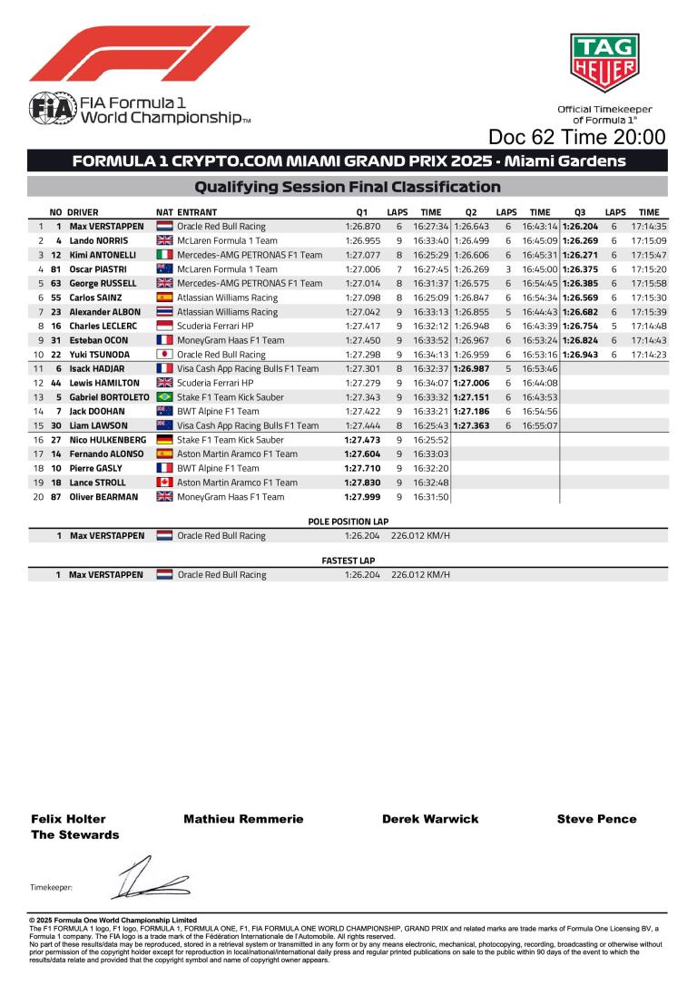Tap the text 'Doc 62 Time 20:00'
pos(576,137)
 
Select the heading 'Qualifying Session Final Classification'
pos(348,187)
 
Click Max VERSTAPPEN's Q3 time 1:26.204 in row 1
pos(580,227)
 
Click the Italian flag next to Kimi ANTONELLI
pos(164,256)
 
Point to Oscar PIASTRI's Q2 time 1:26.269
pos(472,269)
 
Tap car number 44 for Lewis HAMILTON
pos(56,383)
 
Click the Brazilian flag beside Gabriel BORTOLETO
pos(164,397)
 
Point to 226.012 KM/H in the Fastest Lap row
pos(420,575)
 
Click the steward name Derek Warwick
pos(430,819)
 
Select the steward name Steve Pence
pos(596,819)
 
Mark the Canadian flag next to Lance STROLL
pos(164,483)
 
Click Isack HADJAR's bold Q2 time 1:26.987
pos(472,369)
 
